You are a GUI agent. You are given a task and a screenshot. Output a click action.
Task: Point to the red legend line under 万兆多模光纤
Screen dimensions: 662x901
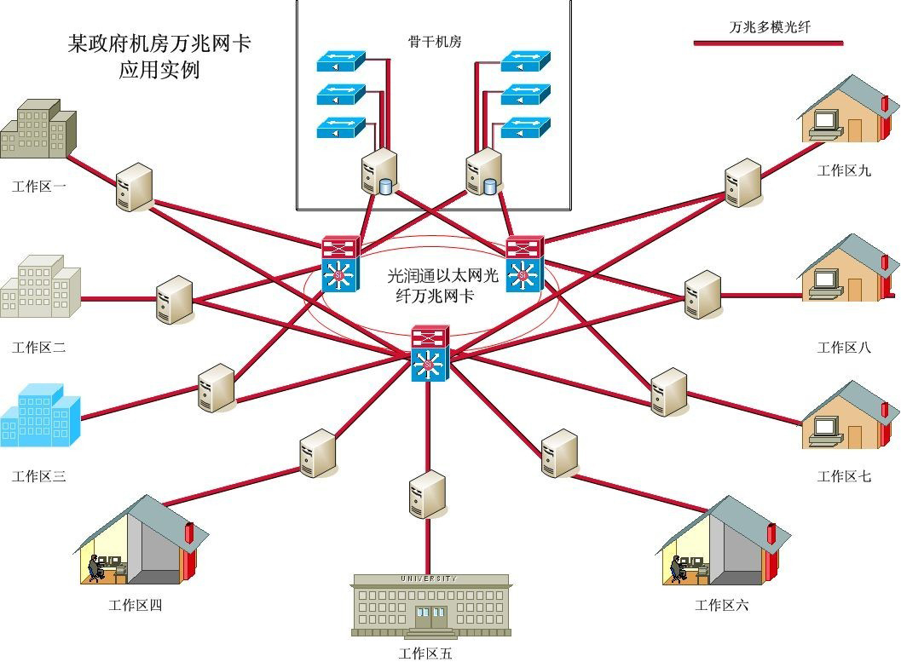(x=768, y=41)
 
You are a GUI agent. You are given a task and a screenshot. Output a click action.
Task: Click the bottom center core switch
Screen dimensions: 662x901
(x=428, y=353)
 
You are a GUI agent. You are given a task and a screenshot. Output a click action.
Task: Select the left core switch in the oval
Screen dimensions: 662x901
(x=340, y=263)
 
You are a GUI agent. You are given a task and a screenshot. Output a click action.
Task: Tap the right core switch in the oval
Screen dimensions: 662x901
(x=523, y=263)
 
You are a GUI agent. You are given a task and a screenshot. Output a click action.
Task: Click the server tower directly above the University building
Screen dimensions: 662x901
(x=427, y=495)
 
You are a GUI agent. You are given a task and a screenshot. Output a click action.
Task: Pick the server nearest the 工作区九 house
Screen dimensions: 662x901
(x=742, y=182)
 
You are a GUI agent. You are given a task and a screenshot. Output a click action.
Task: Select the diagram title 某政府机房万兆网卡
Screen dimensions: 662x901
(x=159, y=43)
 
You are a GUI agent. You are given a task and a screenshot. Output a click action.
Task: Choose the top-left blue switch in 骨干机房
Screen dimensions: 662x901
(x=340, y=62)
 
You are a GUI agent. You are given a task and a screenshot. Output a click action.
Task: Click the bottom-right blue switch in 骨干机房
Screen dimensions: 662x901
(x=525, y=129)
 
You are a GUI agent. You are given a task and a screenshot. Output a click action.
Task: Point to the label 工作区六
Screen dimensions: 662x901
(x=721, y=606)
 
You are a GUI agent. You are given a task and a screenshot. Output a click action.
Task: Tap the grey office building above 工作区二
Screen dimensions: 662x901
(x=39, y=286)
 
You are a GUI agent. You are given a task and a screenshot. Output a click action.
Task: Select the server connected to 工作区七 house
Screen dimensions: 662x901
(x=668, y=392)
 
